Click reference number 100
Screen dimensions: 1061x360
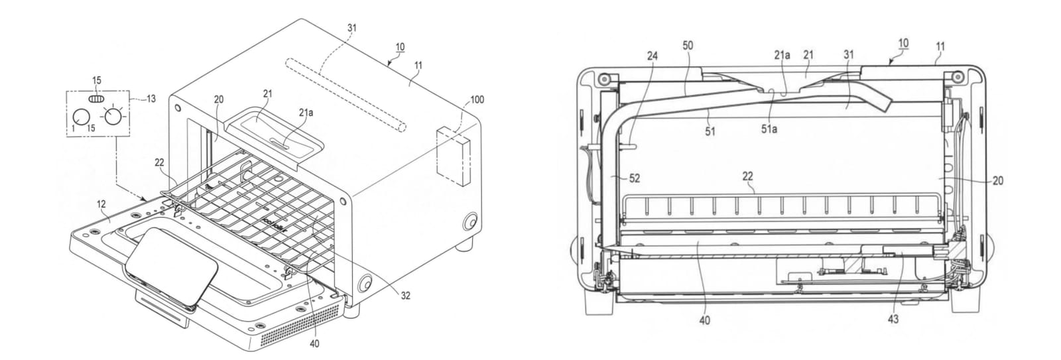tap(477, 99)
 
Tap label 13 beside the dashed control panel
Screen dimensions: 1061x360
tap(151, 99)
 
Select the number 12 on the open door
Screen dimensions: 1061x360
tap(101, 204)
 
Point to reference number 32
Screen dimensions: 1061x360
tap(405, 296)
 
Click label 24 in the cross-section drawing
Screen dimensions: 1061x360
tap(653, 56)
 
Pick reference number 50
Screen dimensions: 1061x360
tap(688, 46)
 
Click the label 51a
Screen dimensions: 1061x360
tap(769, 129)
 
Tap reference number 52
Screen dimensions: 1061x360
tap(635, 178)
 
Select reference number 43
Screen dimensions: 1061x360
tap(893, 320)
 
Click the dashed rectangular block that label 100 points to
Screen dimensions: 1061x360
tap(455, 156)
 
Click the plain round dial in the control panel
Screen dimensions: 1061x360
tap(81, 117)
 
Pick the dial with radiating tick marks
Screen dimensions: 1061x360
tap(113, 115)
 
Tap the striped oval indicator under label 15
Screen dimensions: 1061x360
tap(96, 99)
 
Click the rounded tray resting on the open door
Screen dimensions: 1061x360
tap(172, 266)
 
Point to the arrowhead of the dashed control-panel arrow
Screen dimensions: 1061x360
tap(144, 198)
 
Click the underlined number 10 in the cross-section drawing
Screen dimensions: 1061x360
tap(903, 43)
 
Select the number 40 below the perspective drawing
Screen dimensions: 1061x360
tap(314, 343)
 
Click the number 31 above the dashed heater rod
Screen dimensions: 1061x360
tap(351, 28)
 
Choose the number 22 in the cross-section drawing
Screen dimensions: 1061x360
tap(747, 176)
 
